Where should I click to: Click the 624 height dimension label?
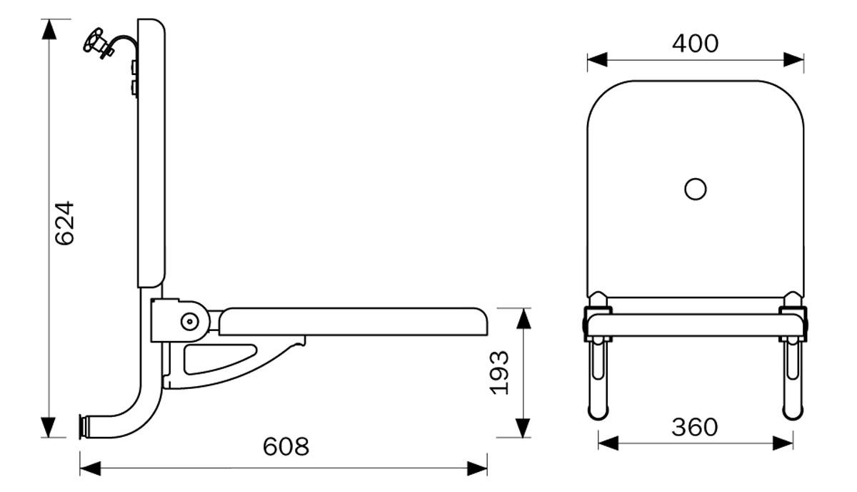pyautogui.click(x=65, y=223)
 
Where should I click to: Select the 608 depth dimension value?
pyautogui.click(x=286, y=447)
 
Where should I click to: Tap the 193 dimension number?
pyautogui.click(x=499, y=372)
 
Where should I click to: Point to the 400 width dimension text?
pyautogui.click(x=695, y=44)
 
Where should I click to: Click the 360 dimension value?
pyautogui.click(x=694, y=428)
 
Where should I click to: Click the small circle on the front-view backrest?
pyautogui.click(x=695, y=190)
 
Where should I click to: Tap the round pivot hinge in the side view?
pyautogui.click(x=190, y=322)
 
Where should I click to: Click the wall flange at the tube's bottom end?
pyautogui.click(x=84, y=426)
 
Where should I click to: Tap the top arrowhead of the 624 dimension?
pyautogui.click(x=49, y=29)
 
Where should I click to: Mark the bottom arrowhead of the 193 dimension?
pyautogui.click(x=523, y=427)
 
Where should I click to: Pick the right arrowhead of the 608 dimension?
pyautogui.click(x=478, y=468)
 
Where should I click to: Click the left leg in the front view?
pyautogui.click(x=598, y=379)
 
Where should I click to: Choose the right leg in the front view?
pyautogui.click(x=791, y=379)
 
